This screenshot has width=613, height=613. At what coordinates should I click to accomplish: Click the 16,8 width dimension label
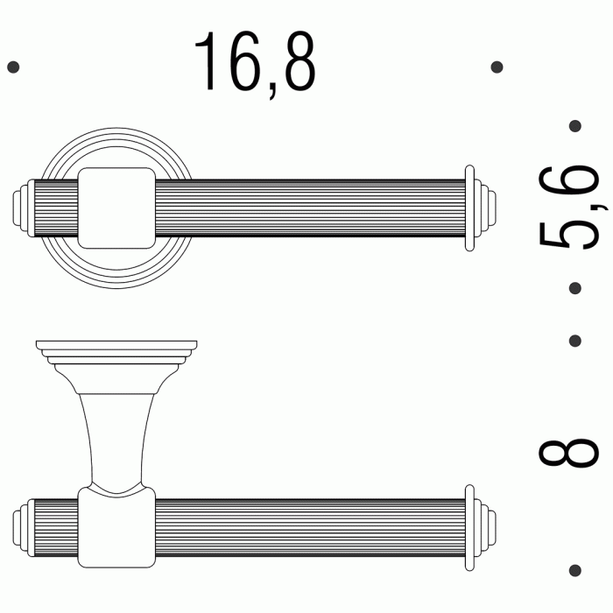tap(255, 63)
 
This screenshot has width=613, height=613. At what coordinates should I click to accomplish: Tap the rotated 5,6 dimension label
tap(570, 207)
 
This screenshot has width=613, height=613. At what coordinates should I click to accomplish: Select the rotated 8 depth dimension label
tap(569, 453)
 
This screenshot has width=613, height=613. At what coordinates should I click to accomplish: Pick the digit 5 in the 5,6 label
tap(570, 232)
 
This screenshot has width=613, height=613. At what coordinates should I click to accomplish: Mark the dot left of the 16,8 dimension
tap(12, 67)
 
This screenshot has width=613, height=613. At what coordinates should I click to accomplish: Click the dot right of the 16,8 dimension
tap(497, 67)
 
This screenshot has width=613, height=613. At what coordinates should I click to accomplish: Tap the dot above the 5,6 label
tap(575, 126)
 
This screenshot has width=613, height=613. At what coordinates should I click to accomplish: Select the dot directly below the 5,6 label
tap(575, 287)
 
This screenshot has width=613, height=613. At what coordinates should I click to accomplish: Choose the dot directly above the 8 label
tap(575, 340)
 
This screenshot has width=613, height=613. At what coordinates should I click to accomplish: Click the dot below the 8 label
tap(575, 569)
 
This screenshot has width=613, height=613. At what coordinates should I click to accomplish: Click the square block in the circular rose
tap(116, 208)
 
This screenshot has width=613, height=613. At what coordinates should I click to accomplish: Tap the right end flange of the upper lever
tap(472, 208)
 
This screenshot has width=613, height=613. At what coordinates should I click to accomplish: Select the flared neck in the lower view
tap(116, 435)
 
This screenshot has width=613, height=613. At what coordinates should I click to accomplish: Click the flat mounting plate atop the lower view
tap(116, 346)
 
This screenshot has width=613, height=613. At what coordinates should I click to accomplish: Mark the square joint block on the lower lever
tap(116, 525)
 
